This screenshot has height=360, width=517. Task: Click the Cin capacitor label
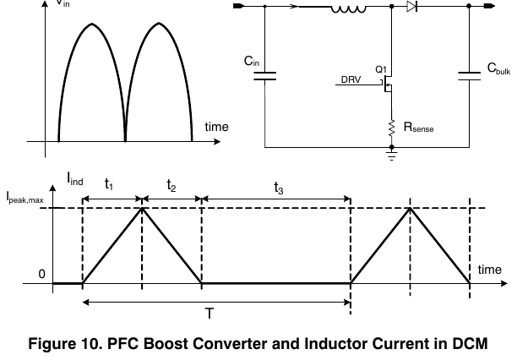pos(252,61)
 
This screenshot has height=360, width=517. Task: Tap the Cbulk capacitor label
pos(499,68)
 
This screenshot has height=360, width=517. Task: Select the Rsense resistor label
pos(418,127)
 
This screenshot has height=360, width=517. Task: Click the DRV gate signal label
pos(351,79)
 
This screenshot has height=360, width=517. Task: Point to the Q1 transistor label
pos(381,69)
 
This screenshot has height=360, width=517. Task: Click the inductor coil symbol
pos(349,9)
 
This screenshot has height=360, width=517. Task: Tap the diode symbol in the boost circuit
pos(412,6)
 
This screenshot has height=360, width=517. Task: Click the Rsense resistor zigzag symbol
pos(392,128)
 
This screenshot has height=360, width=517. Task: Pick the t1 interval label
pos(109,184)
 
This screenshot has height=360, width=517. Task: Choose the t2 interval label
pos(171,185)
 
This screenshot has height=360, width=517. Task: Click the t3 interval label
pos(279,188)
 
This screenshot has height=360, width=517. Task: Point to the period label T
pos(210,314)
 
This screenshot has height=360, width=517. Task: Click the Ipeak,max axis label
pos(25,198)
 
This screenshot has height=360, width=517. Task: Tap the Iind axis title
pos(75,179)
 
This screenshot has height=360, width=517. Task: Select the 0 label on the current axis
pos(41,274)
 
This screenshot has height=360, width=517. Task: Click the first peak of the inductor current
pos(142,208)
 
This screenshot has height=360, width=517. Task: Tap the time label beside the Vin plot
pos(216,127)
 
